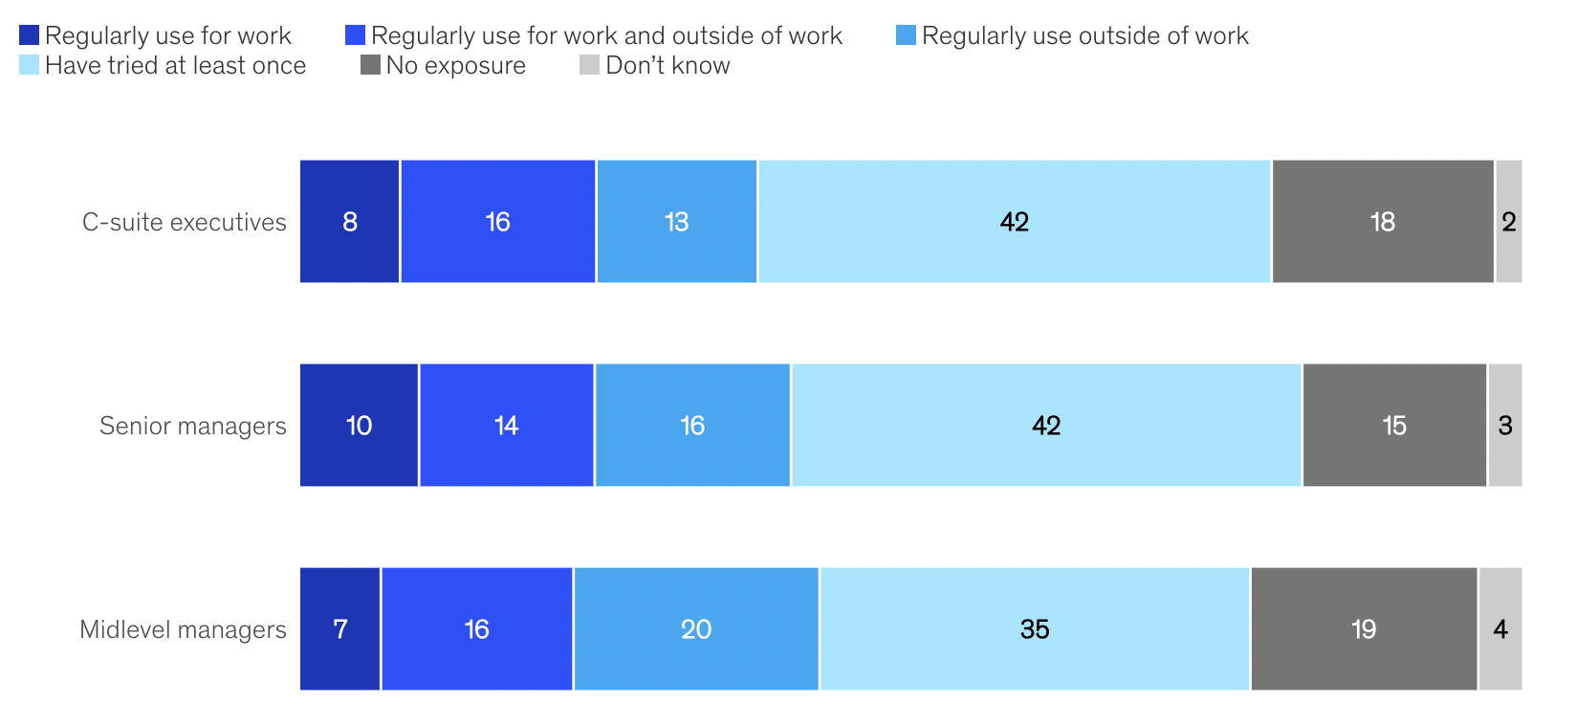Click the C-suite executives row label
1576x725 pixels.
[184, 222]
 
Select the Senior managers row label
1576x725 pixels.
[192, 426]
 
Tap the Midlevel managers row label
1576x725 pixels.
[183, 629]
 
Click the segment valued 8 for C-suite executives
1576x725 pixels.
[350, 222]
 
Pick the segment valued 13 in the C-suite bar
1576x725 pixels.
[677, 222]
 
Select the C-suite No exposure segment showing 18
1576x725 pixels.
[1383, 222]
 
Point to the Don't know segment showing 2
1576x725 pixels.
[1509, 222]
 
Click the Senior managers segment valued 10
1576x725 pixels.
[359, 426]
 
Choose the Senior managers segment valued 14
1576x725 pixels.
[507, 426]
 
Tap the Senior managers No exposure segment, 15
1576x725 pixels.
[1394, 426]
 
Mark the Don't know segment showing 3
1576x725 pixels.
[1505, 426]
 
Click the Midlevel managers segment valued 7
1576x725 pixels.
[340, 629]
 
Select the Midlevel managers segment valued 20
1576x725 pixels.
[696, 629]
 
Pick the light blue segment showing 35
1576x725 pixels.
[1035, 629]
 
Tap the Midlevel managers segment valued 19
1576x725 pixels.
[1364, 629]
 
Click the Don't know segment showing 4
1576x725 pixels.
[1500, 629]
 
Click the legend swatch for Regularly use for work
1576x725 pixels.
[29, 35]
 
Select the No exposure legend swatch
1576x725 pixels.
[370, 65]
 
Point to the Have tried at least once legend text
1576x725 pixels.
[175, 66]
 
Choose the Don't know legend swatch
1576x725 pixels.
[589, 65]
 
